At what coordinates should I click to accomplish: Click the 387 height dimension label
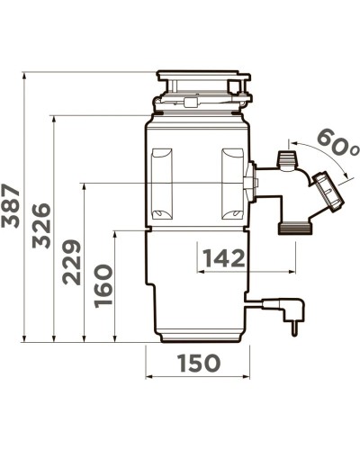click(11, 206)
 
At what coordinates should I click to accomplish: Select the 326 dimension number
click(41, 226)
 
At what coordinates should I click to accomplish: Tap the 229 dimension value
click(71, 262)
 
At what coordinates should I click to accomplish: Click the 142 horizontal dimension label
click(224, 258)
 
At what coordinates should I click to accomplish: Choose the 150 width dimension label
click(199, 363)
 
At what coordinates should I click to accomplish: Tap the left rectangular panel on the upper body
click(162, 184)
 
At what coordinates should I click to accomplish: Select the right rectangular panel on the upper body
click(232, 184)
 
